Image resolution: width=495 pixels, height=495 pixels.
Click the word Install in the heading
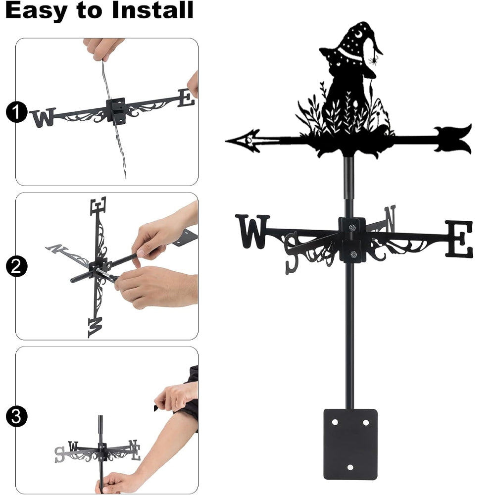pyautogui.click(x=152, y=10)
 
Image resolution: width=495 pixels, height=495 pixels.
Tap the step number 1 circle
pyautogui.click(x=16, y=112)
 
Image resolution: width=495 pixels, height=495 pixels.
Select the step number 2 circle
pyautogui.click(x=16, y=266)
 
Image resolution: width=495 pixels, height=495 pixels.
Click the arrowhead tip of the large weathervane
pyautogui.click(x=226, y=141)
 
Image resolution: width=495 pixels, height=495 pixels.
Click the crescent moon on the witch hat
pyautogui.click(x=358, y=33)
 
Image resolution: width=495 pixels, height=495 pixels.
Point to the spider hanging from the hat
pyautogui.click(x=373, y=59)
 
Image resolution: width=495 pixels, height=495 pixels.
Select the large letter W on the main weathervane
pyautogui.click(x=252, y=231)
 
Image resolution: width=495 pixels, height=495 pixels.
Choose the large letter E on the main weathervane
pyautogui.click(x=459, y=239)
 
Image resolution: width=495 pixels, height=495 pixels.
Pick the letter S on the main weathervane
pyautogui.click(x=292, y=253)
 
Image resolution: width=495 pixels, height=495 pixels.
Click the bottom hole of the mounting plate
pyautogui.click(x=350, y=467)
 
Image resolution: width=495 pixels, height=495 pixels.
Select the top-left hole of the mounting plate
pyautogui.click(x=335, y=422)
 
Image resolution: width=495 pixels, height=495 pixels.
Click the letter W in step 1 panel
pyautogui.click(x=43, y=117)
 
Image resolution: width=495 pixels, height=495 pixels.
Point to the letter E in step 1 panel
pyautogui.click(x=186, y=98)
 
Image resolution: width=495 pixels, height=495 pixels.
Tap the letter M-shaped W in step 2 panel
pyautogui.click(x=96, y=327)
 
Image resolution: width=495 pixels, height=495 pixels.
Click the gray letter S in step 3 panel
pyautogui.click(x=59, y=454)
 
